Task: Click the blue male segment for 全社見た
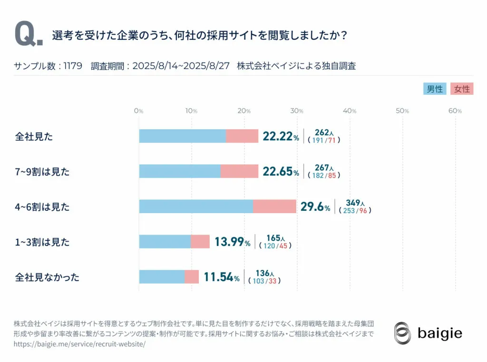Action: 182,136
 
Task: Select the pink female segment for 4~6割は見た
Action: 274,206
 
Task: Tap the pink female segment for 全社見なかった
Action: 192,277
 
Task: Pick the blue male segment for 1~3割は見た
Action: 165,242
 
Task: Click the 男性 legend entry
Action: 435,89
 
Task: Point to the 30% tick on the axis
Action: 297,111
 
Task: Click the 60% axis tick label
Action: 455,111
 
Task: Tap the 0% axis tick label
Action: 138,111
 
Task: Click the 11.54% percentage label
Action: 222,277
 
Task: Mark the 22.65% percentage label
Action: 281,172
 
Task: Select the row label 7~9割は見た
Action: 42,172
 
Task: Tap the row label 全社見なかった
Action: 47,277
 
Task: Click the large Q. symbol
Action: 29,35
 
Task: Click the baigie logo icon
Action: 402,333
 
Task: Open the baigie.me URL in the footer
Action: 79,343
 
